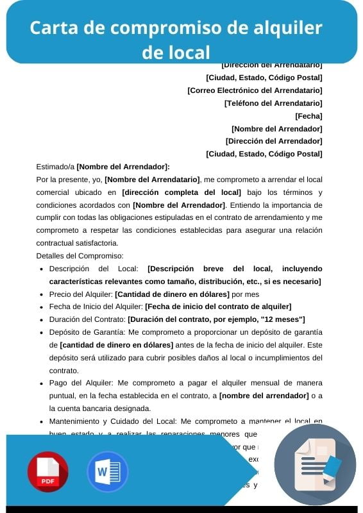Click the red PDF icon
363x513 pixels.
coord(47,471)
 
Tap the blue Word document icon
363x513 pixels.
coord(108,471)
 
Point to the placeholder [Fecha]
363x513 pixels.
coord(308,116)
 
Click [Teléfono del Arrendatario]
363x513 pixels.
coord(273,103)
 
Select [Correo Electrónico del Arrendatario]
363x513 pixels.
coord(255,90)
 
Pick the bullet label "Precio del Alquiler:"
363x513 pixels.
coord(81,294)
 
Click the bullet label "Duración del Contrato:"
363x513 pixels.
coord(87,319)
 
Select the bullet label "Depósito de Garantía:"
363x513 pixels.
coord(87,332)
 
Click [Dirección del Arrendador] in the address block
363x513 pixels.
coord(274,141)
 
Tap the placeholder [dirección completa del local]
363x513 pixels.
coord(181,192)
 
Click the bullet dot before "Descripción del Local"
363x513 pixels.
coord(42,269)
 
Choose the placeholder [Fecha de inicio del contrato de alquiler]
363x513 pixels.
coord(218,307)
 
